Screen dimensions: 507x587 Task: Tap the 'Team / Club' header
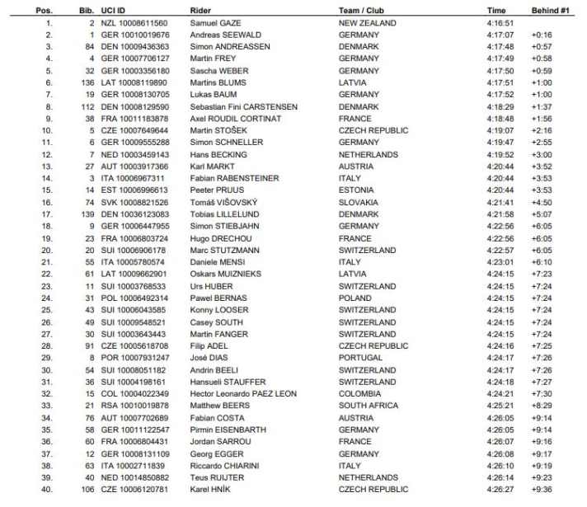pos(366,11)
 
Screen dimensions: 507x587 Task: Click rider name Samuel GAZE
pos(217,23)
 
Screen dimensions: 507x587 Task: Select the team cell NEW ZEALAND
pos(369,23)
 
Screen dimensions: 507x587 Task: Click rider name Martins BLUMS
pos(218,82)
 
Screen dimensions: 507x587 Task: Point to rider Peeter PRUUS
pos(216,190)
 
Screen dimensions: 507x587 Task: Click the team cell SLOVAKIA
pos(359,202)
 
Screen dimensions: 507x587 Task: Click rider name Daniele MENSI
pos(216,261)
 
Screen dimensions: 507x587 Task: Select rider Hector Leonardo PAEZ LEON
pos(242,393)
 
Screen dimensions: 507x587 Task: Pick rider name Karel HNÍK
pos(210,489)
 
